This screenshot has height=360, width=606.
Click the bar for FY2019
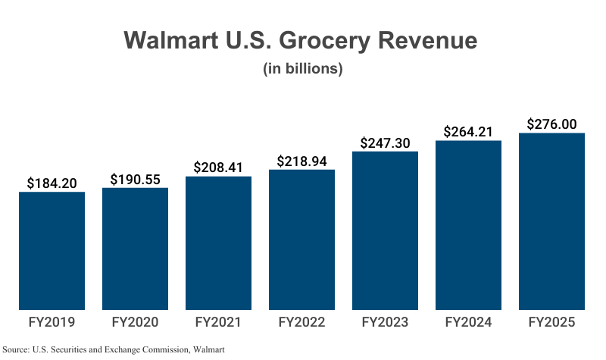point(52,251)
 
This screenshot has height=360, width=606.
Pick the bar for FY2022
point(301,239)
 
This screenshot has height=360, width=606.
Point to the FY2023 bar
point(385,230)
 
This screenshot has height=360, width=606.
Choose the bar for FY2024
point(468,225)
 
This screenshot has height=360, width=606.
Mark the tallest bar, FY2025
point(551,221)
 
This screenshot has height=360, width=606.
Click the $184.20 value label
point(52,183)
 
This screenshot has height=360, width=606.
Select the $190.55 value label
point(135,179)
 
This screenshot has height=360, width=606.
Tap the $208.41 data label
point(218,167)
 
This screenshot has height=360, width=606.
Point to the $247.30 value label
point(385,142)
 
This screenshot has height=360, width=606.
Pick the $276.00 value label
point(551,124)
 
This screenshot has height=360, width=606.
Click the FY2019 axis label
point(52,323)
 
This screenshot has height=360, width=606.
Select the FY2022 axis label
point(301,323)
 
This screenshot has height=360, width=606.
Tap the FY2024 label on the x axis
point(468,323)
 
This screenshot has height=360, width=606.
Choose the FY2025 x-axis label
point(551,323)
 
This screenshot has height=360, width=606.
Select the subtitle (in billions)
point(303,69)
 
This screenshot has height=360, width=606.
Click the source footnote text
point(114,349)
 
